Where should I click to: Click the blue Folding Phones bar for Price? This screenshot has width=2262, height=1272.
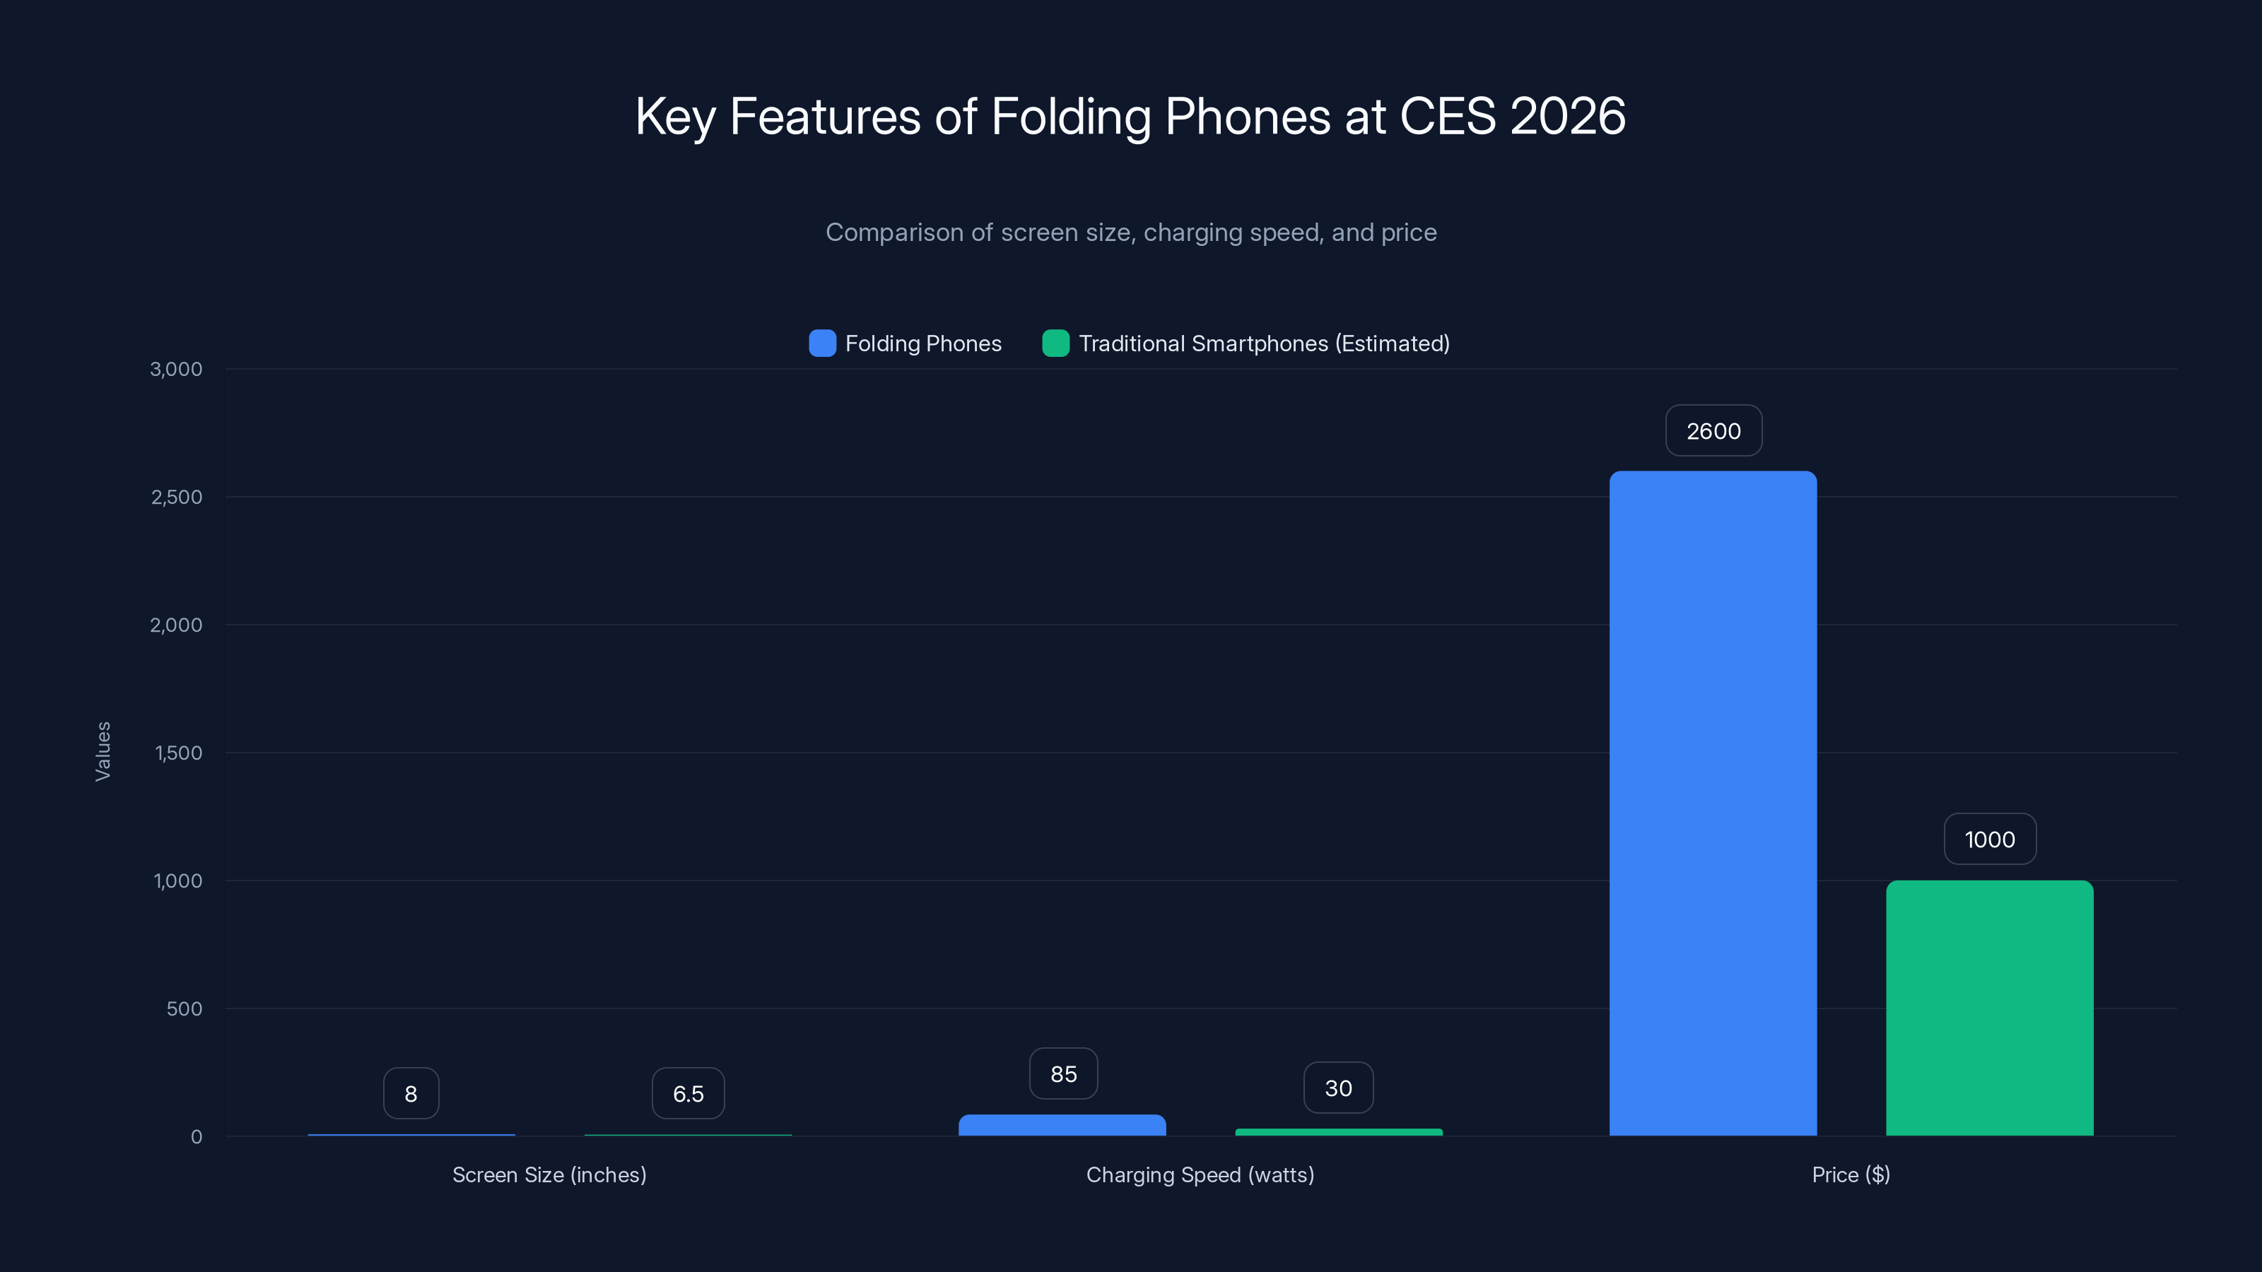(x=1712, y=803)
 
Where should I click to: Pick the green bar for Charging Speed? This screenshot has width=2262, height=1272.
(x=1338, y=1131)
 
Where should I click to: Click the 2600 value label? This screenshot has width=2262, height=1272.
(x=1713, y=431)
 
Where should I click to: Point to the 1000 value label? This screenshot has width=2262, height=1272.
(x=1989, y=840)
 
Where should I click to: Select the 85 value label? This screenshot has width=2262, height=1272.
(x=1062, y=1073)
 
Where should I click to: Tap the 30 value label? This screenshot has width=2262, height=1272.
(x=1337, y=1088)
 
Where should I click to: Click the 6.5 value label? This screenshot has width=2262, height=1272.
(x=688, y=1094)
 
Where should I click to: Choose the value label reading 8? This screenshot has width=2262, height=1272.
(x=411, y=1094)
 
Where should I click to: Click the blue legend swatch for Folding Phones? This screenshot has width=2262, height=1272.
(x=822, y=343)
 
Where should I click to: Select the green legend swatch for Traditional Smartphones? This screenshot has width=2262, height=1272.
(x=1055, y=343)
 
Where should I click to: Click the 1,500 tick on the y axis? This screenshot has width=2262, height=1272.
(x=178, y=753)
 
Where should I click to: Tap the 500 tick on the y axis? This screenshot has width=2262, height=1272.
(x=184, y=1008)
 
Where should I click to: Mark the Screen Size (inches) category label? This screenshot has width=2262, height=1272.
(x=549, y=1174)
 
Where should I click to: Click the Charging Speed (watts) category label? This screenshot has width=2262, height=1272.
(x=1200, y=1174)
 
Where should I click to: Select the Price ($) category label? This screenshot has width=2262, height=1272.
(x=1850, y=1174)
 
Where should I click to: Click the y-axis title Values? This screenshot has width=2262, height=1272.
(x=102, y=751)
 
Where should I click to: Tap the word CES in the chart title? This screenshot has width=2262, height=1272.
(x=1446, y=116)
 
